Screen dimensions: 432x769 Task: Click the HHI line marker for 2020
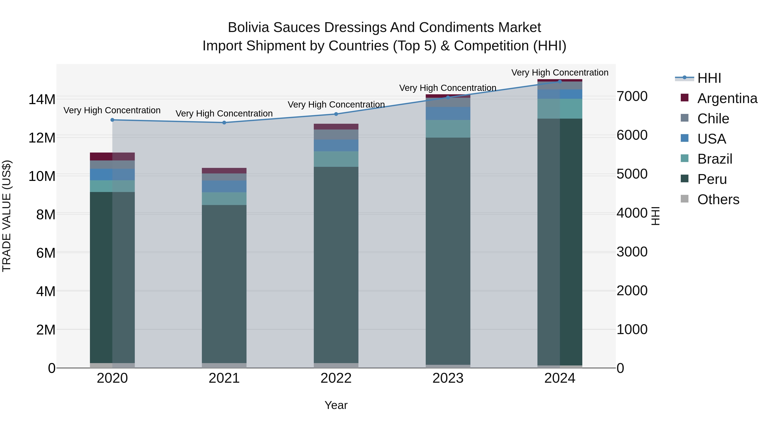tap(112, 120)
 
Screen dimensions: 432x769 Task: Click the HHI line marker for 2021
tap(224, 122)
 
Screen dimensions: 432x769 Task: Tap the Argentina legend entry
tap(727, 98)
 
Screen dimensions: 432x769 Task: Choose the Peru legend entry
tap(712, 179)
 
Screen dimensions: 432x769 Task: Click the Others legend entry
tap(718, 199)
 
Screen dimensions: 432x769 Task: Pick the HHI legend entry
tap(709, 78)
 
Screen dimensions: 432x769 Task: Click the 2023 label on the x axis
tap(448, 378)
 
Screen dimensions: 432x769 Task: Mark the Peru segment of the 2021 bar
tap(224, 283)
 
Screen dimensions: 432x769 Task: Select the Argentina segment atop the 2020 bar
tap(112, 156)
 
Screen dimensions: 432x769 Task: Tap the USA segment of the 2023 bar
tap(448, 113)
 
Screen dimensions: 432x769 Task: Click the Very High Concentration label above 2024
tap(560, 73)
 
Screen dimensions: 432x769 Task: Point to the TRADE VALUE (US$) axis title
tap(7, 216)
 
